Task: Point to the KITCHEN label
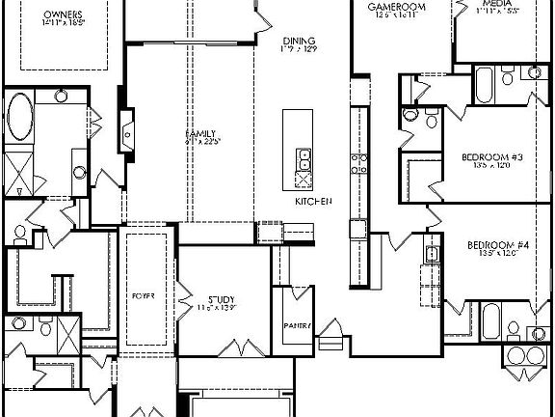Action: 313,201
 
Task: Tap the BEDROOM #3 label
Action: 492,156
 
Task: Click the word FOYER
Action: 145,294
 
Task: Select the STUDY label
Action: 222,297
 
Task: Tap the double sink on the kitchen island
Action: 303,158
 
